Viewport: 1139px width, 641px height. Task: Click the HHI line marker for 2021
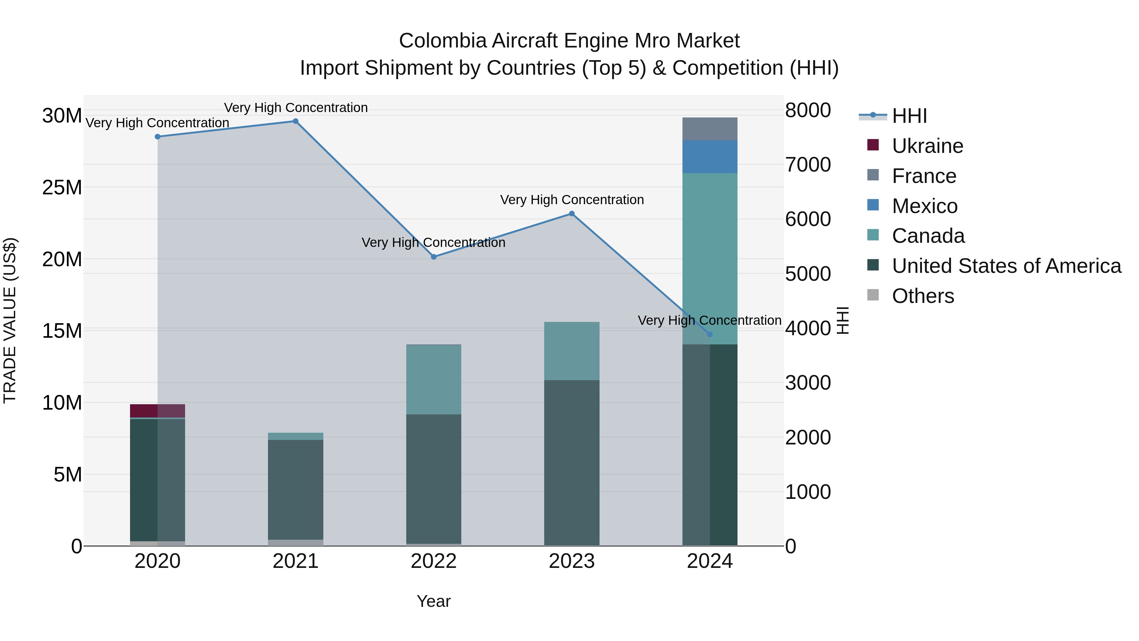click(x=296, y=121)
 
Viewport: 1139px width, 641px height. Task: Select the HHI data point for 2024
click(x=710, y=335)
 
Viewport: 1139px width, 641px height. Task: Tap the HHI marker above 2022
click(x=433, y=257)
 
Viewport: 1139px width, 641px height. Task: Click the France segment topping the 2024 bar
click(x=710, y=129)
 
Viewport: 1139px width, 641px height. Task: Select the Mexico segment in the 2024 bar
click(x=710, y=157)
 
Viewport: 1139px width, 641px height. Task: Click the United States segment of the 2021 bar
click(x=296, y=489)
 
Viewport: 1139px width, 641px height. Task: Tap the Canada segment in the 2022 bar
click(x=433, y=379)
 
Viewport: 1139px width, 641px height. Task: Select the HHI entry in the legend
click(x=909, y=116)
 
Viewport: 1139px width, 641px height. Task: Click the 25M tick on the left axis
click(x=62, y=188)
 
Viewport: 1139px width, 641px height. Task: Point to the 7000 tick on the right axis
click(x=808, y=165)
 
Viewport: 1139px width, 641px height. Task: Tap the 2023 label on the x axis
click(x=571, y=561)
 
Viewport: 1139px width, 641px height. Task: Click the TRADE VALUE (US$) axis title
click(x=10, y=320)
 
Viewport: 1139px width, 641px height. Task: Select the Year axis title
click(x=433, y=601)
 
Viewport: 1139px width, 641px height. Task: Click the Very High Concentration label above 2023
click(x=571, y=200)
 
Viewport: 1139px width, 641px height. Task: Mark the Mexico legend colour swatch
click(x=873, y=205)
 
